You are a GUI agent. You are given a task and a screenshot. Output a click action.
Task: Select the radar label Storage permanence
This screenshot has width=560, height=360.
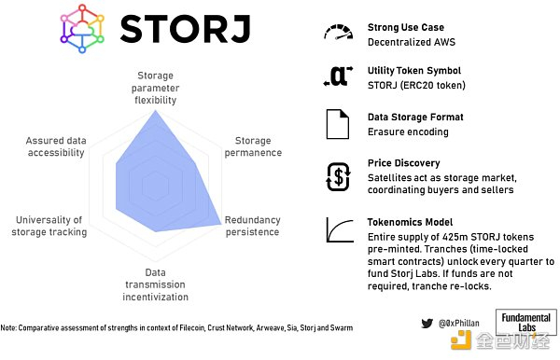[x=253, y=147]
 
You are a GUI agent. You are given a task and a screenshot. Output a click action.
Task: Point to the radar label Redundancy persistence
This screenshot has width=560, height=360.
[x=252, y=226]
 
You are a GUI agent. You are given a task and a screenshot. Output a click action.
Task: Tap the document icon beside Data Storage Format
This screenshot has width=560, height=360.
[x=337, y=125]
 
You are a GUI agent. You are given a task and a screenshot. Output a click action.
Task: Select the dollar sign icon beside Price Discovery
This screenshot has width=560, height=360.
[x=337, y=175]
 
